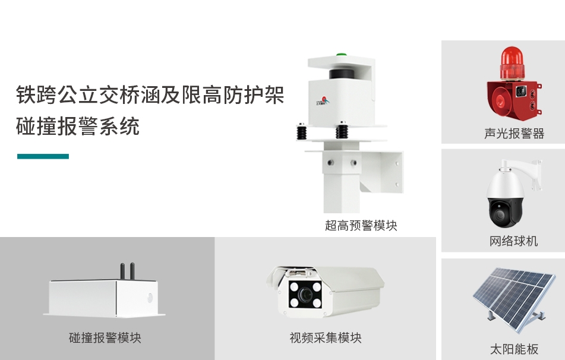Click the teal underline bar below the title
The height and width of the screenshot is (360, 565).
point(43,156)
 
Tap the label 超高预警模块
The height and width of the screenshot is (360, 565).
point(361,226)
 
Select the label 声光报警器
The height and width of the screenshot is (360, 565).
point(514,134)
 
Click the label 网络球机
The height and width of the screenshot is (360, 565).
point(513,241)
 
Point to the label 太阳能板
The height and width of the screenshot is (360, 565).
point(514,349)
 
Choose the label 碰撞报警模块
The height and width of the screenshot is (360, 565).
point(105,337)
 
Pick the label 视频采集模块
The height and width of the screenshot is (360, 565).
point(326,337)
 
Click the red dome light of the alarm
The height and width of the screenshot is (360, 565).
point(512,63)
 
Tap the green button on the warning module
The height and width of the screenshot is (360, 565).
point(341,55)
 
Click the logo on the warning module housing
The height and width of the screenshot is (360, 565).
point(323,101)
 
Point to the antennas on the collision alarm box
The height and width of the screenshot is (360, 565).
point(127,271)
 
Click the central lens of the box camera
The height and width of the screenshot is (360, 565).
point(306,295)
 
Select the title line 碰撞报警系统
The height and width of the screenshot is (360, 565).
point(77,126)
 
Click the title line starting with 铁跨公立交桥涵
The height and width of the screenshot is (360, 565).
point(150,95)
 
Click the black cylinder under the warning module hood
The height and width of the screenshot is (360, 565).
point(341,74)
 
